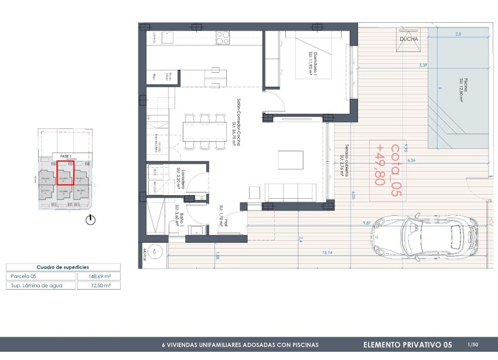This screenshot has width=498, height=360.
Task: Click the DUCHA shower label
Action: click(408, 39)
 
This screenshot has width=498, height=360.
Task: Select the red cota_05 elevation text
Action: click(387, 165)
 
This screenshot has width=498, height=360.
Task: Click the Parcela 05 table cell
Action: click(41, 276)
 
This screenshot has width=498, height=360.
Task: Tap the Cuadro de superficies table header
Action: click(63, 266)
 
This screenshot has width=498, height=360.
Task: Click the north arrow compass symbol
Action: click(90, 220)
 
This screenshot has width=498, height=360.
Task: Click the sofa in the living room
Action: click(292, 192)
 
